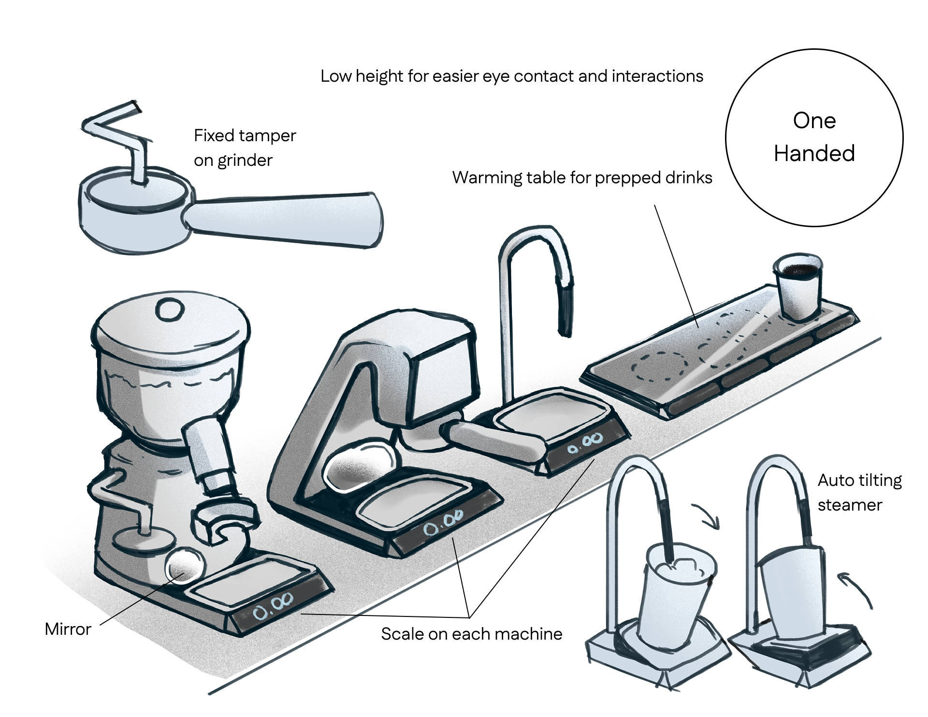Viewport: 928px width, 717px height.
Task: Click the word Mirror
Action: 68,629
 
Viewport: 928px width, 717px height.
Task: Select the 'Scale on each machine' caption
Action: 471,634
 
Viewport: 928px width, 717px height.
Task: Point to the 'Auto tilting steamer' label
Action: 859,492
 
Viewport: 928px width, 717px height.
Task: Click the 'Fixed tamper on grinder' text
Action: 245,147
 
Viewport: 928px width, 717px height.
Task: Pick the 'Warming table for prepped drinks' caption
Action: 582,177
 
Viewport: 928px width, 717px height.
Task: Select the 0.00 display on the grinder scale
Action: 274,612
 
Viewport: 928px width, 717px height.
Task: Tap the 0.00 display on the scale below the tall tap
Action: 585,444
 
